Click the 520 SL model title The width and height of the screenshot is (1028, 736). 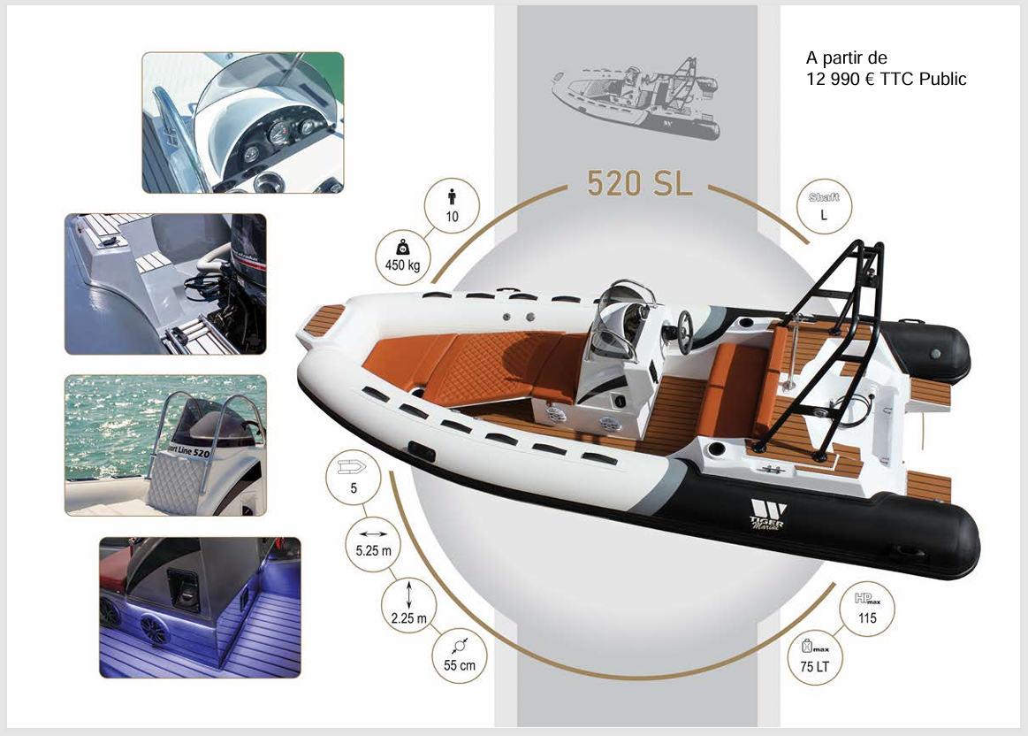pyautogui.click(x=636, y=184)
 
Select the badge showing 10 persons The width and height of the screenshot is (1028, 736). pyautogui.click(x=452, y=206)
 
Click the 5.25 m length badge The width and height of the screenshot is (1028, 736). pyautogui.click(x=372, y=543)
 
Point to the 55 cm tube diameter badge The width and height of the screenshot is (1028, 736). pyautogui.click(x=459, y=655)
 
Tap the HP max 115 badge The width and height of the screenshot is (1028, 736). pyautogui.click(x=867, y=608)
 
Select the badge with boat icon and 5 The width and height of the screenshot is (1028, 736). pyautogui.click(x=354, y=478)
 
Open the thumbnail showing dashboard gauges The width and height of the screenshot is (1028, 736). pyautogui.click(x=242, y=122)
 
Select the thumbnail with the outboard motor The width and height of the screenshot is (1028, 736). pyautogui.click(x=165, y=283)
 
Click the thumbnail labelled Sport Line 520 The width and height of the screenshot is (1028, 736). pyautogui.click(x=165, y=445)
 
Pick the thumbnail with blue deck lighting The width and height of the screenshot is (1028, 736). pyautogui.click(x=200, y=607)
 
